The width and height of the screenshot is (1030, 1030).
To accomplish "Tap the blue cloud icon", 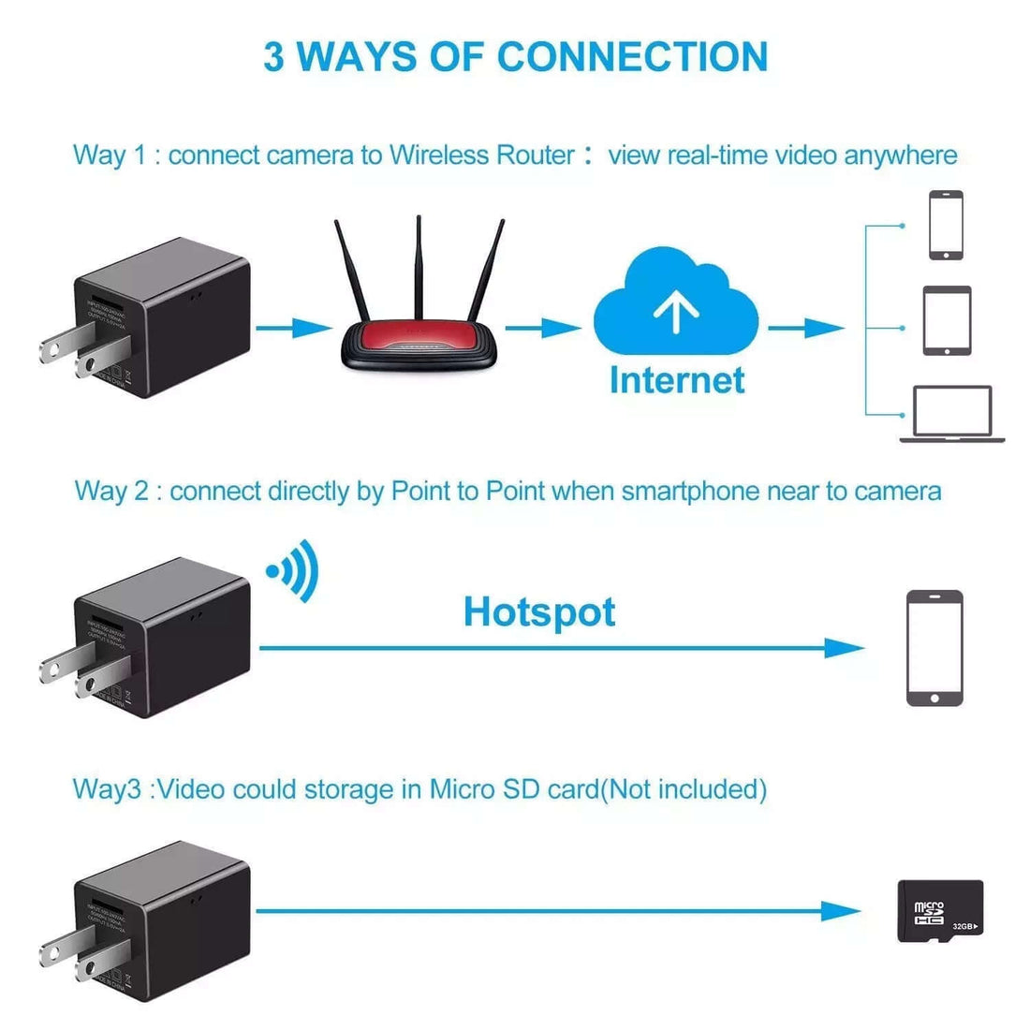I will [x=676, y=300].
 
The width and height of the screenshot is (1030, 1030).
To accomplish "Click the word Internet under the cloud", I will [x=677, y=380].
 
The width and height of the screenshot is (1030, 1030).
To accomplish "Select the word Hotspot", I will [x=539, y=612].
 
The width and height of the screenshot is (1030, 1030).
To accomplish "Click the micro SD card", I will [x=940, y=910].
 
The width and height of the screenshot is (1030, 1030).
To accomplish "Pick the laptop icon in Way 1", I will [x=952, y=414].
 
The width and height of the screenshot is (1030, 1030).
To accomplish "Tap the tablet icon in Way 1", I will [x=947, y=321].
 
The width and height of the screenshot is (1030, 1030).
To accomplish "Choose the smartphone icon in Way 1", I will [x=946, y=225].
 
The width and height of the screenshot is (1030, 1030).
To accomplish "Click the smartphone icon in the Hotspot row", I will [x=934, y=648].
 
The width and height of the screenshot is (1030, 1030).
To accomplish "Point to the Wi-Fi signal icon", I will [x=294, y=570].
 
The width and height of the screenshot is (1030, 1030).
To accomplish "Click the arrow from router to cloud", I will [x=543, y=328].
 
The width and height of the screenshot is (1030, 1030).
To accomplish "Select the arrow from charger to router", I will [x=294, y=328].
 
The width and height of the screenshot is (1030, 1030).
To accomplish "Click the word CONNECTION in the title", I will [x=633, y=57].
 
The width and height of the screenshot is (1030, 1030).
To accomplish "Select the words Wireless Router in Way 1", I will [x=481, y=154].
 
